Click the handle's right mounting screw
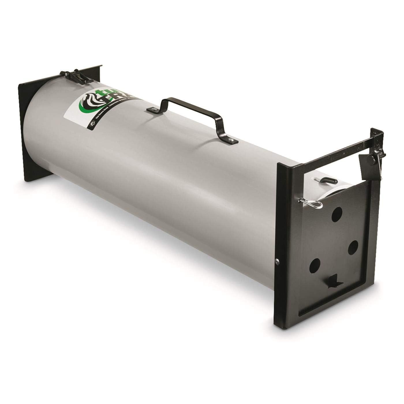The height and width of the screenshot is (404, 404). coord(230,140)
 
